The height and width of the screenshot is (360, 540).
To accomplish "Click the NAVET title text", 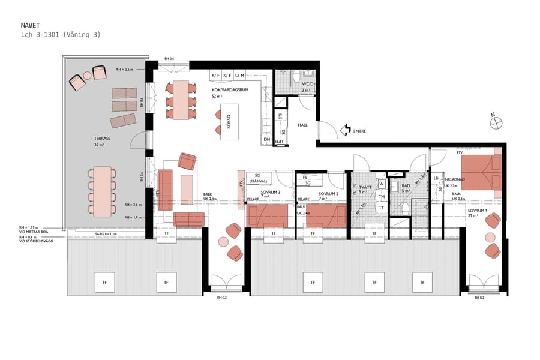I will (x=31, y=25).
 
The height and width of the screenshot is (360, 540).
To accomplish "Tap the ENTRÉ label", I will (x=359, y=130).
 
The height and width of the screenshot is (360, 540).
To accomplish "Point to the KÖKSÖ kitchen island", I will (x=228, y=123).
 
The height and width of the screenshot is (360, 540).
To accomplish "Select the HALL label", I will (x=304, y=125).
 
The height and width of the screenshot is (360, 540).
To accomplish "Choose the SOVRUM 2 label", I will (x=328, y=194).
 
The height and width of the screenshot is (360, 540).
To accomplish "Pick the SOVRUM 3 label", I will (x=271, y=194).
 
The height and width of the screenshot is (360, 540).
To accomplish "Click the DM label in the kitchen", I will (x=267, y=138).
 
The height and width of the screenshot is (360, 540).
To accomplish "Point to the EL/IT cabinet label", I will (x=279, y=142).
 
